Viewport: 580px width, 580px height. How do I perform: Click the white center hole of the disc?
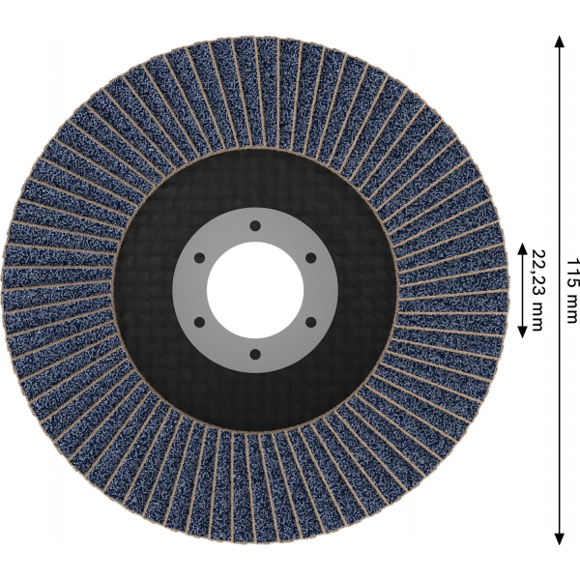click(x=255, y=290)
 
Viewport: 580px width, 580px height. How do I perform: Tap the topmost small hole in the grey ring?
click(x=255, y=225)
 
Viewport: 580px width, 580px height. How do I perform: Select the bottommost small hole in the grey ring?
click(x=255, y=355)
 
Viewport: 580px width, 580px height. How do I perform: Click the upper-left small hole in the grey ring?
click(x=199, y=258)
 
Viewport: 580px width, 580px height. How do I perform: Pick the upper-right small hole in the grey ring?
click(x=310, y=258)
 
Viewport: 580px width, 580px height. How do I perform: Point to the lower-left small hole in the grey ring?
click(x=199, y=323)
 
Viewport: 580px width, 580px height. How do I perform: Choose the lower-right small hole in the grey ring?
click(x=310, y=323)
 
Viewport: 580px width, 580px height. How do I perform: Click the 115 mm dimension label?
click(x=571, y=291)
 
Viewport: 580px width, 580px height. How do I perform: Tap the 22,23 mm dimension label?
click(x=537, y=290)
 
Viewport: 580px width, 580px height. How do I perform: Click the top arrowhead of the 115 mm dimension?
click(x=560, y=42)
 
